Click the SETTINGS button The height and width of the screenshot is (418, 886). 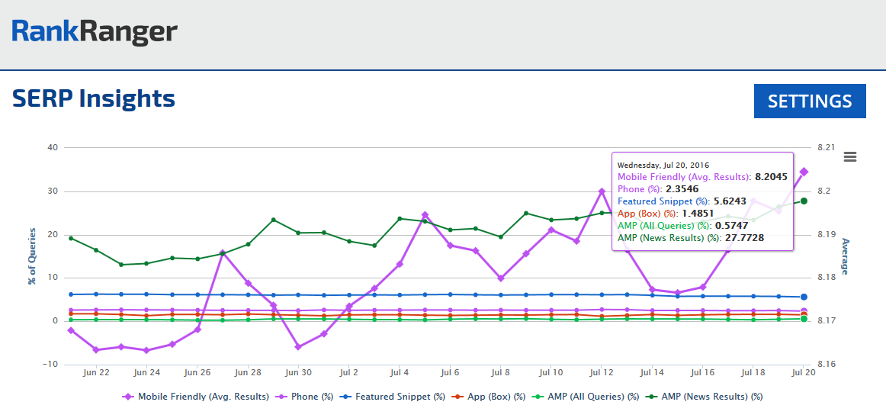click(x=810, y=101)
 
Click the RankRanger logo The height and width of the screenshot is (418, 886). click(x=95, y=31)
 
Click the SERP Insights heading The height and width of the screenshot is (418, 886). click(x=94, y=98)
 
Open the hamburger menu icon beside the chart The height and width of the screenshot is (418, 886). click(x=850, y=156)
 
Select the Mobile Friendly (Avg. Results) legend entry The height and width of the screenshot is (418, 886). click(x=196, y=397)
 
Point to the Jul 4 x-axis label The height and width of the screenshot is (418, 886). click(x=399, y=373)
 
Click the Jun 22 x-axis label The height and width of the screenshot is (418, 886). click(x=96, y=373)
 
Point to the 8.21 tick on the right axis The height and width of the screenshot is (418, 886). click(x=827, y=147)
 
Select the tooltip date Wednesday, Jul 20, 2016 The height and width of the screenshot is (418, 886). click(x=663, y=165)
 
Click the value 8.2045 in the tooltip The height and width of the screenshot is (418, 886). click(x=771, y=177)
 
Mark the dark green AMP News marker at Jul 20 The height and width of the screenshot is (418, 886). click(x=804, y=201)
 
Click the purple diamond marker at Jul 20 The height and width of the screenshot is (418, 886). click(x=804, y=172)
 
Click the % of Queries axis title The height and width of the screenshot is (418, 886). click(x=32, y=256)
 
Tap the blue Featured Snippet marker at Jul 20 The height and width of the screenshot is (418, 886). click(x=804, y=297)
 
